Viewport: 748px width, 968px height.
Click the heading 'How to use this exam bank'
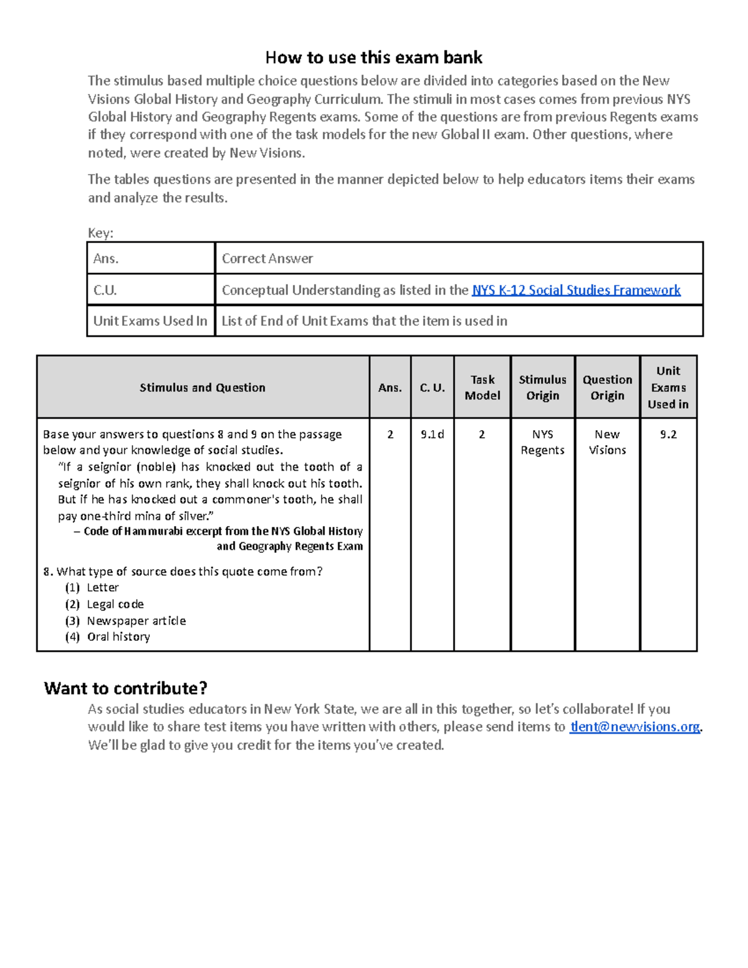click(373, 58)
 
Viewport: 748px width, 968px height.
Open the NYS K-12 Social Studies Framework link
click(575, 290)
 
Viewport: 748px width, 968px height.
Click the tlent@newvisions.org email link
click(635, 727)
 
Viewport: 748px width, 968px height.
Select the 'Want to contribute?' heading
click(125, 688)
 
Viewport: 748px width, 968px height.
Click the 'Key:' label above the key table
click(100, 233)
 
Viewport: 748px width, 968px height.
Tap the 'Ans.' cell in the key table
click(106, 259)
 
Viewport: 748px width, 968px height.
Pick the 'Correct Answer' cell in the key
click(267, 259)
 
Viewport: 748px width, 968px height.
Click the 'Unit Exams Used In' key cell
click(150, 321)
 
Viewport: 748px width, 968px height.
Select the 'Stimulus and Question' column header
click(203, 388)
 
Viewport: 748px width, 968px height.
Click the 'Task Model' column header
click(482, 388)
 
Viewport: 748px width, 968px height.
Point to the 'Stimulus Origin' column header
click(542, 388)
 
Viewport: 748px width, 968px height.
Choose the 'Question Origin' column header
click(607, 388)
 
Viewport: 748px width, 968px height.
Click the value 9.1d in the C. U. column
click(432, 434)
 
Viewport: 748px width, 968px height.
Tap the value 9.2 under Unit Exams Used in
click(668, 434)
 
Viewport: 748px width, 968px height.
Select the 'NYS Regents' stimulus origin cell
click(542, 442)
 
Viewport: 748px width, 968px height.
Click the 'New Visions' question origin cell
click(607, 442)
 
